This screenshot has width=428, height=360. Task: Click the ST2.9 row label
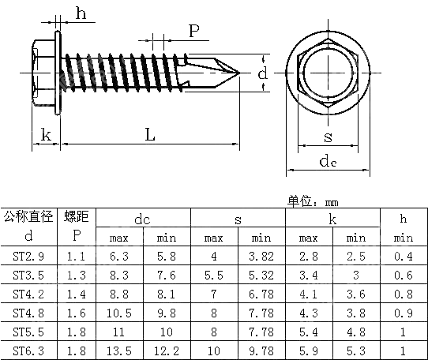pos(29,256)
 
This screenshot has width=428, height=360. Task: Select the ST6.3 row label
pos(29,348)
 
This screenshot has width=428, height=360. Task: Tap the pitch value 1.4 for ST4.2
pos(77,293)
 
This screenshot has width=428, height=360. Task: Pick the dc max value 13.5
pos(119,348)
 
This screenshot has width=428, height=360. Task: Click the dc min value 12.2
pos(167,348)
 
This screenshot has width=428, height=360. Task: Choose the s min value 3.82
pos(261,256)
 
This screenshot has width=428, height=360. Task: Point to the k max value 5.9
pos(309,348)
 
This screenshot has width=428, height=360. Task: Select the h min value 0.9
pos(404,311)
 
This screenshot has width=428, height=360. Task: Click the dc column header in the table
pos(143,219)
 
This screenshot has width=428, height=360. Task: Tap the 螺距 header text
pos(77,216)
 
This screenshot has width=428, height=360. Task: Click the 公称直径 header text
pos(29,216)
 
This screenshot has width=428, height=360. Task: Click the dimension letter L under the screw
pos(150,135)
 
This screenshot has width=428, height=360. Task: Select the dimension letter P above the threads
pos(193,31)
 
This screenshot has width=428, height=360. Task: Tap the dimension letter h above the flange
pos(80,13)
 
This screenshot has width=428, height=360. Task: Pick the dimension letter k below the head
pos(46,135)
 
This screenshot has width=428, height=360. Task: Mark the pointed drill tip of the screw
pos(240,73)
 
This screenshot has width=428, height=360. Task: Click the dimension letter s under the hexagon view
pos(328,137)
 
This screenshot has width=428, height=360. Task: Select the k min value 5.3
pos(356,348)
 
